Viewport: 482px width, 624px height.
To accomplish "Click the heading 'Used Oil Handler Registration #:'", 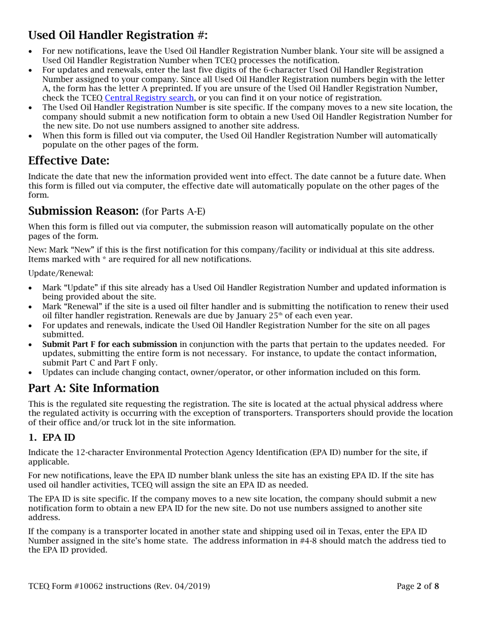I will (118, 35).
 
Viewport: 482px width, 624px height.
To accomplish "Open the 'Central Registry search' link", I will (149, 98).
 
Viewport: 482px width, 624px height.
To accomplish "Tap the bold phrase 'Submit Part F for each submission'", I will (110, 344).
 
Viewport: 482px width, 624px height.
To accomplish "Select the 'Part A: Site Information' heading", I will (93, 388).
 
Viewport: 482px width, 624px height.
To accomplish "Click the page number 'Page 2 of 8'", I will (418, 586).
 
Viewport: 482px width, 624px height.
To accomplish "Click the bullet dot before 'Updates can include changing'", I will (32, 372).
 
